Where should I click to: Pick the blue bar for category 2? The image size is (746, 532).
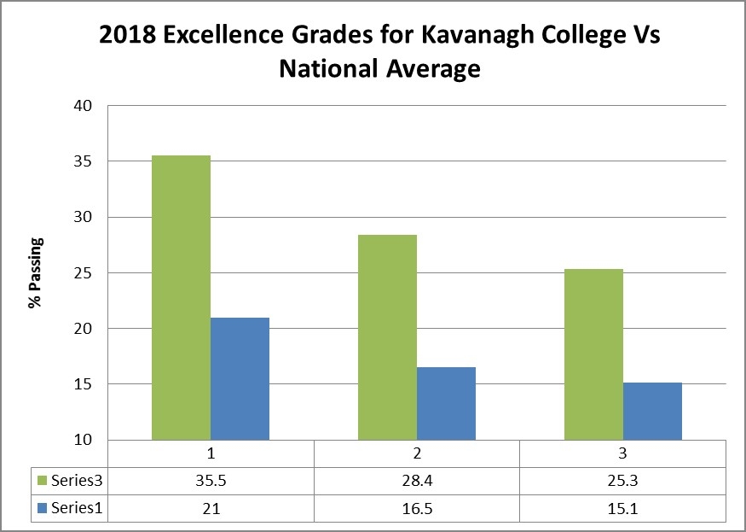coord(446,403)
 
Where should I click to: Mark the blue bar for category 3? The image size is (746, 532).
coord(652,411)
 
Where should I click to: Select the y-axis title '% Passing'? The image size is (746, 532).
coord(36,273)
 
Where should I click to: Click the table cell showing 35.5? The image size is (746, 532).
coord(211,481)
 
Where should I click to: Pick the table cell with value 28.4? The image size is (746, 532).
coord(417,481)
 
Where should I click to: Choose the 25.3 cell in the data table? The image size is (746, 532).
coord(622,481)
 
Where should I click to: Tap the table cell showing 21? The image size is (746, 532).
coord(211,508)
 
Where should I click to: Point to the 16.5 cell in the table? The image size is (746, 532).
coord(417,508)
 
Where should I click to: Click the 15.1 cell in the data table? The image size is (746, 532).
coord(622,508)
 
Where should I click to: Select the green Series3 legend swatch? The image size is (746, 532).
coord(42,481)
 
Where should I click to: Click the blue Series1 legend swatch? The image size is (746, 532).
coord(42,508)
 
